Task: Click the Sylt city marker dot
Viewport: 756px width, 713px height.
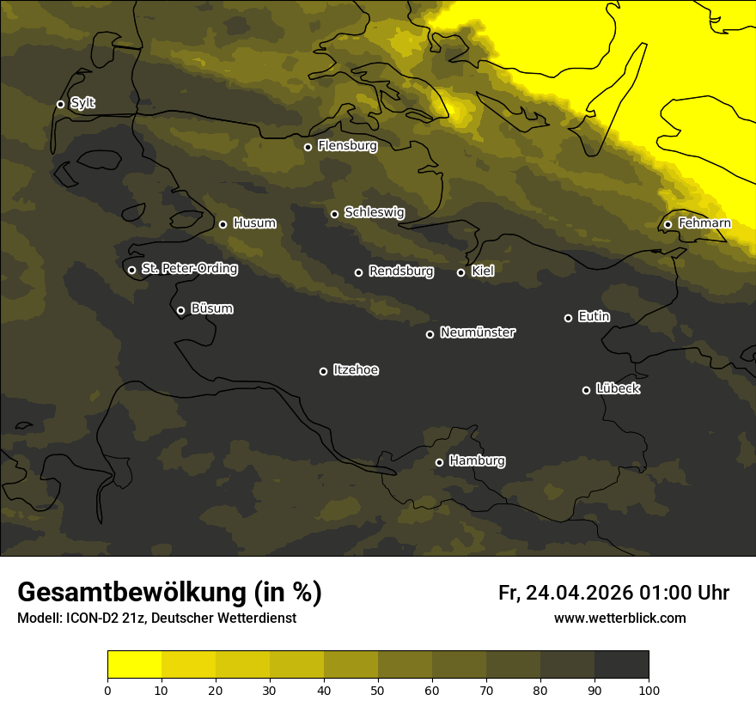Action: click(60, 104)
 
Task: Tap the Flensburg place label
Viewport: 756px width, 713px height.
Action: click(347, 146)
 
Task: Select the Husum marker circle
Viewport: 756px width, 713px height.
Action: click(223, 224)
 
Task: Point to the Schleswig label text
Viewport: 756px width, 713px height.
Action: click(374, 212)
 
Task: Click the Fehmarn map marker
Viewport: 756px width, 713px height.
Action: click(668, 224)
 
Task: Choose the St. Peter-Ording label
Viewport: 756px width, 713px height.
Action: click(189, 269)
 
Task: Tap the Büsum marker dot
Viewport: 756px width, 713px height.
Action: click(180, 310)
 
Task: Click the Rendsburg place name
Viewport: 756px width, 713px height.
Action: click(400, 271)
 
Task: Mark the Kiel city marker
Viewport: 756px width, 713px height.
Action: click(460, 272)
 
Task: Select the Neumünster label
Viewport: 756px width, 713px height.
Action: click(478, 332)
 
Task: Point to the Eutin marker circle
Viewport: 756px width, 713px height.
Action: click(568, 318)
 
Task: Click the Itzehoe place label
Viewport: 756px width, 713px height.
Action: click(356, 370)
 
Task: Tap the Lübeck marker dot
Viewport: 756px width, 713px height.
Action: click(586, 389)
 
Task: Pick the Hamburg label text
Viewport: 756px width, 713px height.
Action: click(477, 460)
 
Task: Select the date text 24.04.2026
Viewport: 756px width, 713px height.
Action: click(579, 593)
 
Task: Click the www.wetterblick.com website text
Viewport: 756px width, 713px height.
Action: click(619, 618)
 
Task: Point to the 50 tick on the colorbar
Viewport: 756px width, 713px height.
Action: click(378, 689)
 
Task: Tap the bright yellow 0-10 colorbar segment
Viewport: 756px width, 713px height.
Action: click(134, 665)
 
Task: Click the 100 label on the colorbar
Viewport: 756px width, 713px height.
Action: click(649, 689)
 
